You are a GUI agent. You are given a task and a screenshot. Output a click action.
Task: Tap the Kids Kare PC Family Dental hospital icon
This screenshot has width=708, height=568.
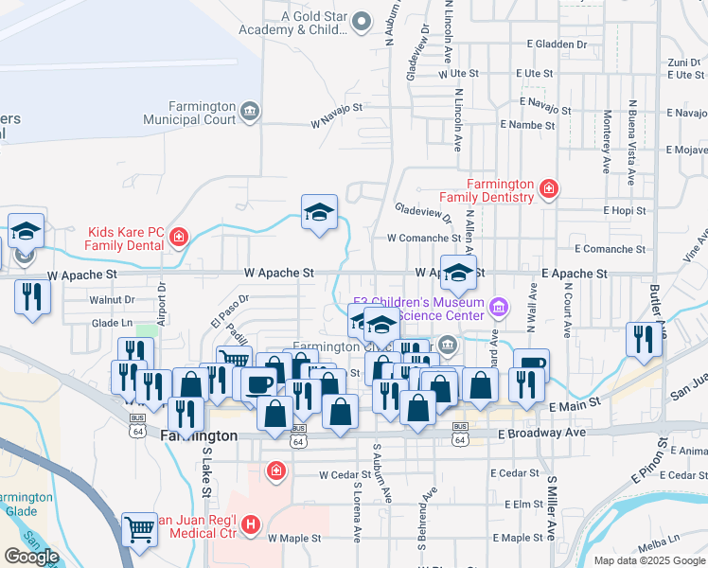click(x=178, y=237)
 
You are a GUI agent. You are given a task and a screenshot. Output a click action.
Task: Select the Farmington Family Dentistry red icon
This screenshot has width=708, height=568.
click(x=548, y=190)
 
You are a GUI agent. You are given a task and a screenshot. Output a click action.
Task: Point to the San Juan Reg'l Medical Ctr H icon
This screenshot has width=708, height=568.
click(x=250, y=524)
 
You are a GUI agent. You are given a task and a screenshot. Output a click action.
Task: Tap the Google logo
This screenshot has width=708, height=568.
click(x=31, y=557)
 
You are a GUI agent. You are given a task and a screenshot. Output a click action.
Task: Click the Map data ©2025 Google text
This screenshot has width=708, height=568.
click(x=648, y=560)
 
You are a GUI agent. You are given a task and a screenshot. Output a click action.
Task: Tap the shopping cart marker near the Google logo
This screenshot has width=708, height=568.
click(x=140, y=531)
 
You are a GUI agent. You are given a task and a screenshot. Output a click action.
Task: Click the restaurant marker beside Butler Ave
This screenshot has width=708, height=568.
click(x=644, y=340)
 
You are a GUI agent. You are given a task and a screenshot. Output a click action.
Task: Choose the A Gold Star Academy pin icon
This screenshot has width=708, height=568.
click(x=361, y=21)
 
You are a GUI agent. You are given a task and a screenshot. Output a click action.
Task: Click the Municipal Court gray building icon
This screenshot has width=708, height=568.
click(x=249, y=112)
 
